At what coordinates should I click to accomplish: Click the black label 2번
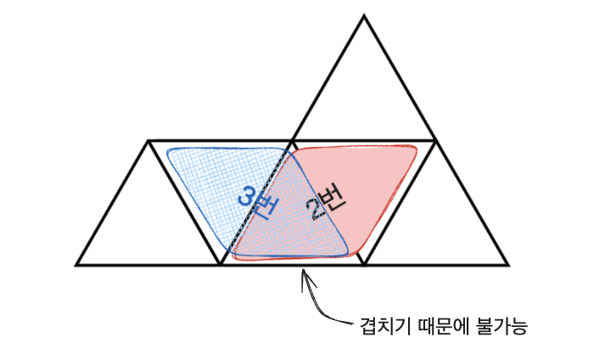[323, 202]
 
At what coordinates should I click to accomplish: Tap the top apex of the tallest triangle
[364, 15]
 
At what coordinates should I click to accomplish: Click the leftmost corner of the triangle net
[76, 265]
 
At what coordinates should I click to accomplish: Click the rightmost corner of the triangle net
[509, 265]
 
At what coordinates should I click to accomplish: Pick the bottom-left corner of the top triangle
[292, 140]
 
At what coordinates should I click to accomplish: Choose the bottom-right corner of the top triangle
[436, 140]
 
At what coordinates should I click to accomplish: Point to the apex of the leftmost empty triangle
[148, 141]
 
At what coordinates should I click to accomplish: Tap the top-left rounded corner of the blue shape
[170, 153]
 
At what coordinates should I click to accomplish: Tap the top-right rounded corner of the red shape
[413, 151]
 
